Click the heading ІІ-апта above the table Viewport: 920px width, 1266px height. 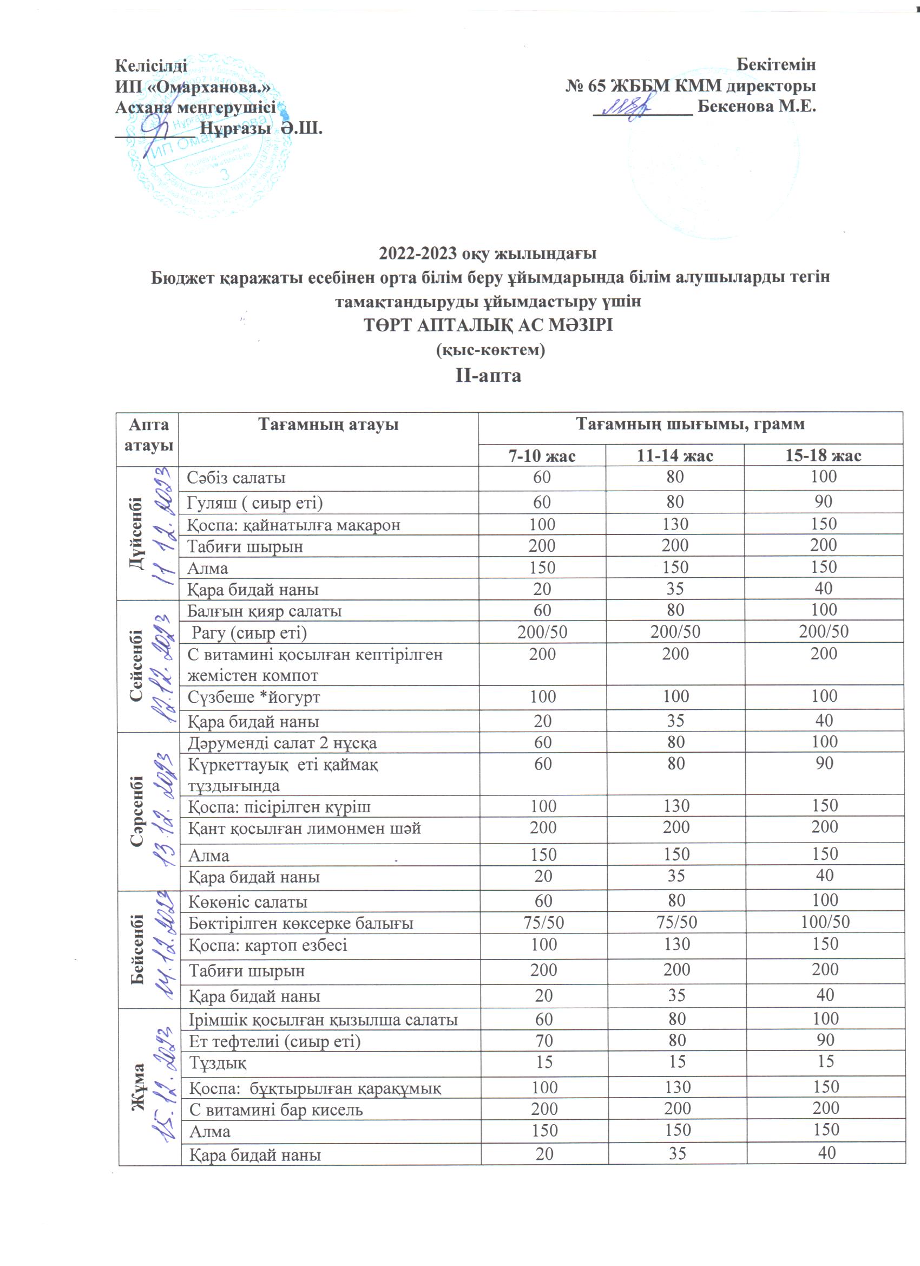[488, 375]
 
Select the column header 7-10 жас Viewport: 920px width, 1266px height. [541, 456]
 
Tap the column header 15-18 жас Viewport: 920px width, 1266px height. [823, 456]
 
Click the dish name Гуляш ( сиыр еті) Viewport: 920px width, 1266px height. [255, 503]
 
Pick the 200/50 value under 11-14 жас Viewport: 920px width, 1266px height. [675, 632]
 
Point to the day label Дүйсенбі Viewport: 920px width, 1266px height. [136, 533]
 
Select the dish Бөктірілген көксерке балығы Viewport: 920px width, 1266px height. [301, 923]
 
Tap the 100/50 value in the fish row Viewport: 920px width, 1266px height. [825, 922]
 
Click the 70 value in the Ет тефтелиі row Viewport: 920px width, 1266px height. [544, 1041]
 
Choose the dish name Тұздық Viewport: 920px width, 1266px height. [218, 1063]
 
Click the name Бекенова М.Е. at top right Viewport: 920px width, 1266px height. [757, 106]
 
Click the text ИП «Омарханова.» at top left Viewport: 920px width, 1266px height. [193, 87]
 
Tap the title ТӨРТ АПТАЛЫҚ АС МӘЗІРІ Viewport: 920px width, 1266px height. [488, 325]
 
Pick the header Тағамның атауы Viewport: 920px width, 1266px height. [328, 425]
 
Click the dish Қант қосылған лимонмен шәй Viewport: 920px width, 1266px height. [304, 828]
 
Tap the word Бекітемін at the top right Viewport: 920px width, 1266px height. [776, 65]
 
